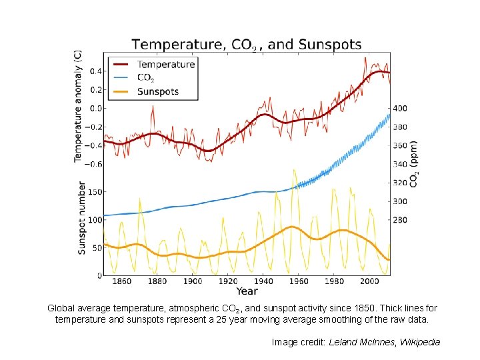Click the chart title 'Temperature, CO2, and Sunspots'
coord(247,45)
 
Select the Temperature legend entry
coord(165,65)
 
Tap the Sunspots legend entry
coord(157,91)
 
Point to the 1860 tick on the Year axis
coord(121,282)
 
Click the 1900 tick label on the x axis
coord(193,282)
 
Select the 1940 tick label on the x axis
coord(264,282)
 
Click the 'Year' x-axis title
coord(247,291)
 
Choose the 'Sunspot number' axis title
coord(82,218)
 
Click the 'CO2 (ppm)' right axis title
coord(414,163)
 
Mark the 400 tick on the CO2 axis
coord(400,108)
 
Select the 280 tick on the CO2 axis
coord(400,220)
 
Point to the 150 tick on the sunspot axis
coord(95,192)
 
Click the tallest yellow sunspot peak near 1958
coord(293,170)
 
